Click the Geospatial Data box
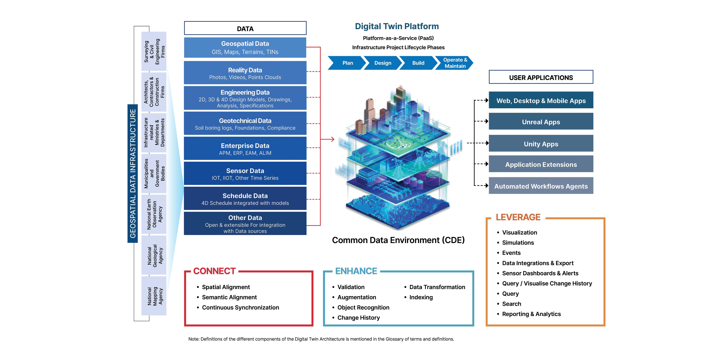tap(245, 48)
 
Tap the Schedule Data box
tap(245, 198)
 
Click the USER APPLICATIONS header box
tap(541, 77)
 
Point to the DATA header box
tap(245, 28)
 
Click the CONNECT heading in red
tap(214, 271)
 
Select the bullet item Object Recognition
tap(363, 307)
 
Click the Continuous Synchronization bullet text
tap(240, 307)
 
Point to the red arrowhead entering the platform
tap(333, 139)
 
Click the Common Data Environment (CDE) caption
tap(398, 240)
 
